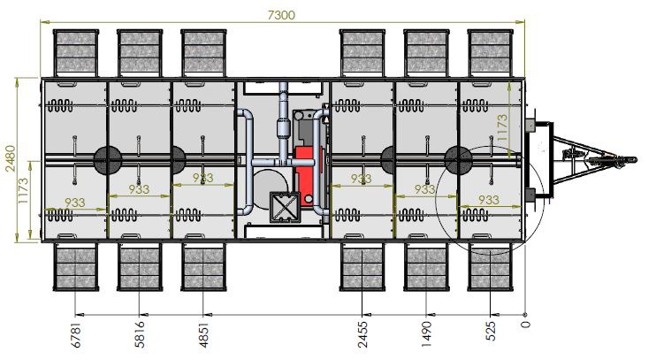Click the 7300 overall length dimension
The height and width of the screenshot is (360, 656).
281,15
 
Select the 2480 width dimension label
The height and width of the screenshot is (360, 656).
10,158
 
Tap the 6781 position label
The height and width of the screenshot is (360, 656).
76,334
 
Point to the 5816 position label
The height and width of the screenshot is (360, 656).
141,334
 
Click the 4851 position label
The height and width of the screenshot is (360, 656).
203,334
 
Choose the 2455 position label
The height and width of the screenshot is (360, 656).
363,334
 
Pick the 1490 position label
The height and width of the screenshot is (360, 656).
427,334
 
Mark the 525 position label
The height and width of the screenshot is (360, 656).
491,331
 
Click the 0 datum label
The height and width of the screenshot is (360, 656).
526,325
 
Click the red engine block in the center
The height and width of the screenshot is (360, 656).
304,173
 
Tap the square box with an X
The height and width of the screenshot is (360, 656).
286,207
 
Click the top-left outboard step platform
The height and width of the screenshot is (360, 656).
76,53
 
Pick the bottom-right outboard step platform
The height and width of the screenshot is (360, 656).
490,267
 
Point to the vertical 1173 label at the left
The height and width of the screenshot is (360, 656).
23,191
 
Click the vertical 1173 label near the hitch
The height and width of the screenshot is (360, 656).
501,127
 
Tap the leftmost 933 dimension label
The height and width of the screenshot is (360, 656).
75,203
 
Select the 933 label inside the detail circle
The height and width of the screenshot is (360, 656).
488,200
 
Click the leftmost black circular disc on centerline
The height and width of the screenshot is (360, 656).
108,160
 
